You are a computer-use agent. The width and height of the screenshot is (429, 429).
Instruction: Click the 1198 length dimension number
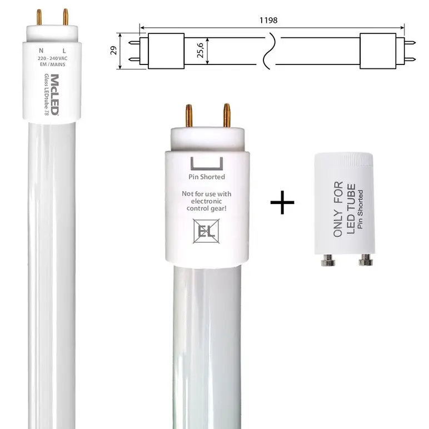point(268,20)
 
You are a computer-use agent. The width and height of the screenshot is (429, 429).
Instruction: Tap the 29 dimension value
point(113,51)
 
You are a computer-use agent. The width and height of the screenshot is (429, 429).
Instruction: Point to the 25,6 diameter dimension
point(200,51)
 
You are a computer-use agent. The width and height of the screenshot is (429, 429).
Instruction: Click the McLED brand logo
point(54,94)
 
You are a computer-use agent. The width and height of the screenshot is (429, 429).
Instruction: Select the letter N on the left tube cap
point(41,51)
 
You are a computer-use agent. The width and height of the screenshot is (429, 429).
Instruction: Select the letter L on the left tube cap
point(64,51)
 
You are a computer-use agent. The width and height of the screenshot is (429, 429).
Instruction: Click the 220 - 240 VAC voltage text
point(53,58)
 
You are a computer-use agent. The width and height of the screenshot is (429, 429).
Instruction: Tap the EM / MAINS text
point(53,64)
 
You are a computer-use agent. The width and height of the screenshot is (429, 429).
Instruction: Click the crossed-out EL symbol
point(206,231)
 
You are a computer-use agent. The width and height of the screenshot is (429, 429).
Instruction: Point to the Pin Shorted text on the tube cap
point(207,177)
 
